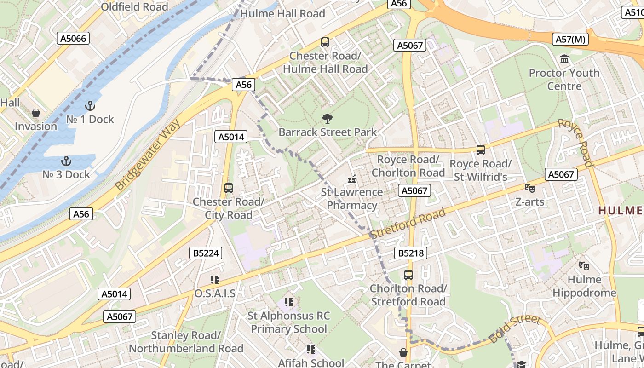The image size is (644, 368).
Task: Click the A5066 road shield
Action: click(x=74, y=38)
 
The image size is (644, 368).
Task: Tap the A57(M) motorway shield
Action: click(x=570, y=39)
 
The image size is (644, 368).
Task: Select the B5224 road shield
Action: click(x=206, y=253)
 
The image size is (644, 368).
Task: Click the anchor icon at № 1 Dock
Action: click(x=90, y=106)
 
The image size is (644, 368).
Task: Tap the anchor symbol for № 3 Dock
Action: click(x=67, y=161)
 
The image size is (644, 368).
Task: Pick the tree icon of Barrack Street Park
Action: click(x=328, y=119)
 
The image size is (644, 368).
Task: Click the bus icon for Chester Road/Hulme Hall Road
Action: click(x=325, y=42)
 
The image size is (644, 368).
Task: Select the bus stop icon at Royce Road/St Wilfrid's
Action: click(x=481, y=150)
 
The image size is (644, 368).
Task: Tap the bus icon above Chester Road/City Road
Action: click(x=229, y=188)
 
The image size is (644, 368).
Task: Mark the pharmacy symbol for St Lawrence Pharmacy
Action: click(x=352, y=179)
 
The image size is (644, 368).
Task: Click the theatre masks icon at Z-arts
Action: click(x=530, y=188)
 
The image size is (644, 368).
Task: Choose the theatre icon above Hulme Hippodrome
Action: click(x=584, y=265)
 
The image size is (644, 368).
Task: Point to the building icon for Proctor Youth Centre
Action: click(x=564, y=59)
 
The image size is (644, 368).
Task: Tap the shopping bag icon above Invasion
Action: click(x=35, y=113)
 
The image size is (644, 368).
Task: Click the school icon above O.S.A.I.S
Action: click(x=214, y=280)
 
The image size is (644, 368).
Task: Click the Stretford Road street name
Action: click(x=408, y=223)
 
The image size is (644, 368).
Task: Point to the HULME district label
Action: click(x=620, y=210)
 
